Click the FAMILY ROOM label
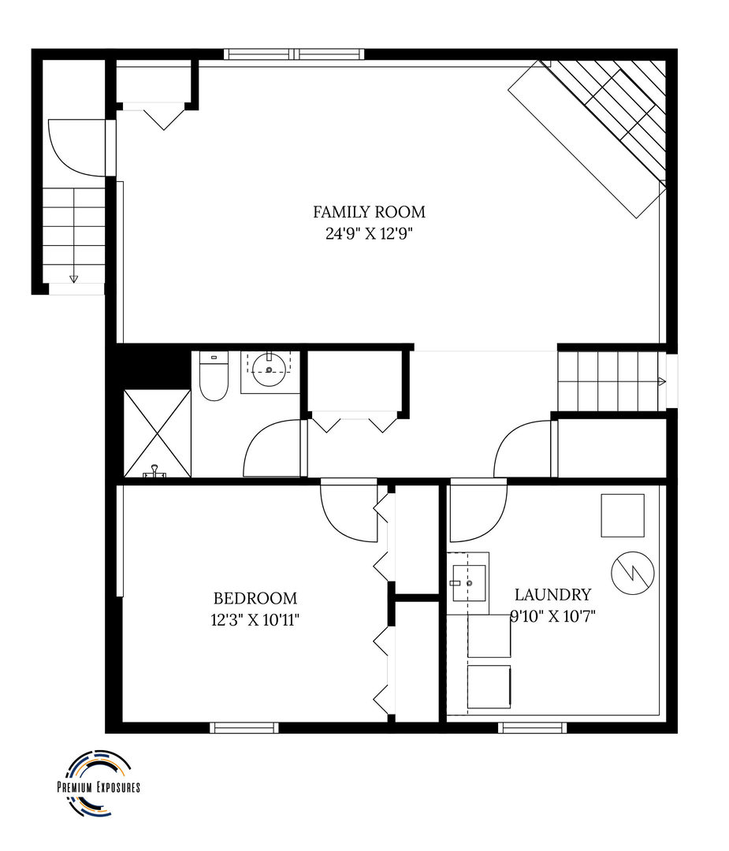pyautogui.click(x=369, y=212)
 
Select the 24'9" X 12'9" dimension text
pyautogui.click(x=369, y=233)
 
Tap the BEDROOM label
pyautogui.click(x=255, y=598)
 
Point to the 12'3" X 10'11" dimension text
pyautogui.click(x=255, y=619)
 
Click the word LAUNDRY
pyautogui.click(x=552, y=595)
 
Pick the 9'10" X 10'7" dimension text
pyautogui.click(x=552, y=616)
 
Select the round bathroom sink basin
pyautogui.click(x=269, y=369)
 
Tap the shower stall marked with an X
pyautogui.click(x=158, y=433)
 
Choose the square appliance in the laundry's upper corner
pyautogui.click(x=623, y=515)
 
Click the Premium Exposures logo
pyautogui.click(x=98, y=785)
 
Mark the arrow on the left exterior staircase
pyautogui.click(x=74, y=277)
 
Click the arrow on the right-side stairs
pyautogui.click(x=661, y=381)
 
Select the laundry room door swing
pyautogui.click(x=477, y=511)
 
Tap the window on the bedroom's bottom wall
pyautogui.click(x=244, y=727)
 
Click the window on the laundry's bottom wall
pyautogui.click(x=532, y=727)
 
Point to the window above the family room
pyautogui.click(x=294, y=54)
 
